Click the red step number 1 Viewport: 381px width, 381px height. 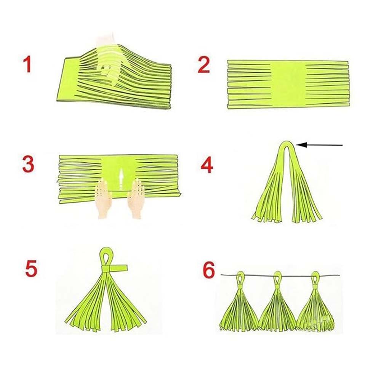27,64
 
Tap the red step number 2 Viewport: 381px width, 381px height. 203,65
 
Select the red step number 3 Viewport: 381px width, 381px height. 29,164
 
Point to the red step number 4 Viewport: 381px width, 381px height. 207,165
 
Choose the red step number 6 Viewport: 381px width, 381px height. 209,270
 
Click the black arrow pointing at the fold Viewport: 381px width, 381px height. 319,145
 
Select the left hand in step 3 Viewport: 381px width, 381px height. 104,198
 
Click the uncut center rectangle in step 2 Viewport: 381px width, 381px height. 288,84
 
